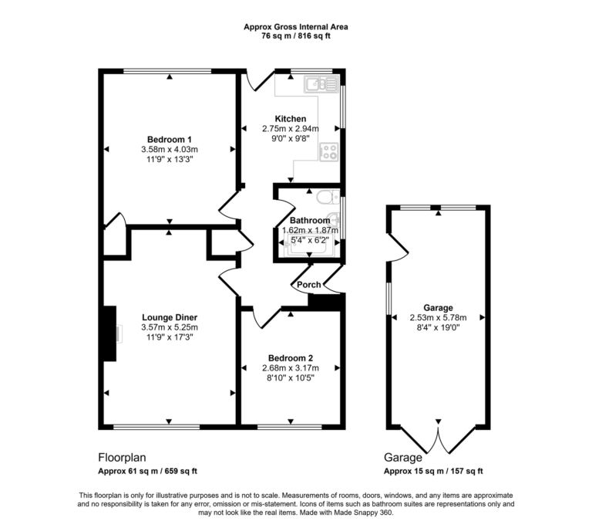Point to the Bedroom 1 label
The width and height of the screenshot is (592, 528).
pyautogui.click(x=169, y=139)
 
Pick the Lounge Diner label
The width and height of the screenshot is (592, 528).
pyautogui.click(x=170, y=317)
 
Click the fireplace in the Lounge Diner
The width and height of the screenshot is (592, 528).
pyautogui.click(x=109, y=333)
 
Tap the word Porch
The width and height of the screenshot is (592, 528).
pyautogui.click(x=310, y=285)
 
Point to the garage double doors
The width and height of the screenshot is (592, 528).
pyautogui.click(x=439, y=442)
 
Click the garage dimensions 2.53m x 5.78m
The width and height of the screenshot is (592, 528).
pyautogui.click(x=438, y=316)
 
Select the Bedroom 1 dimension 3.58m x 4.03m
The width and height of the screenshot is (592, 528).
pyautogui.click(x=170, y=149)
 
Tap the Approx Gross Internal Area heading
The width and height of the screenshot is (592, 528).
pyautogui.click(x=296, y=26)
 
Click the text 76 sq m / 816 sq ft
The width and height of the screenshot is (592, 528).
pyautogui.click(x=296, y=36)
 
